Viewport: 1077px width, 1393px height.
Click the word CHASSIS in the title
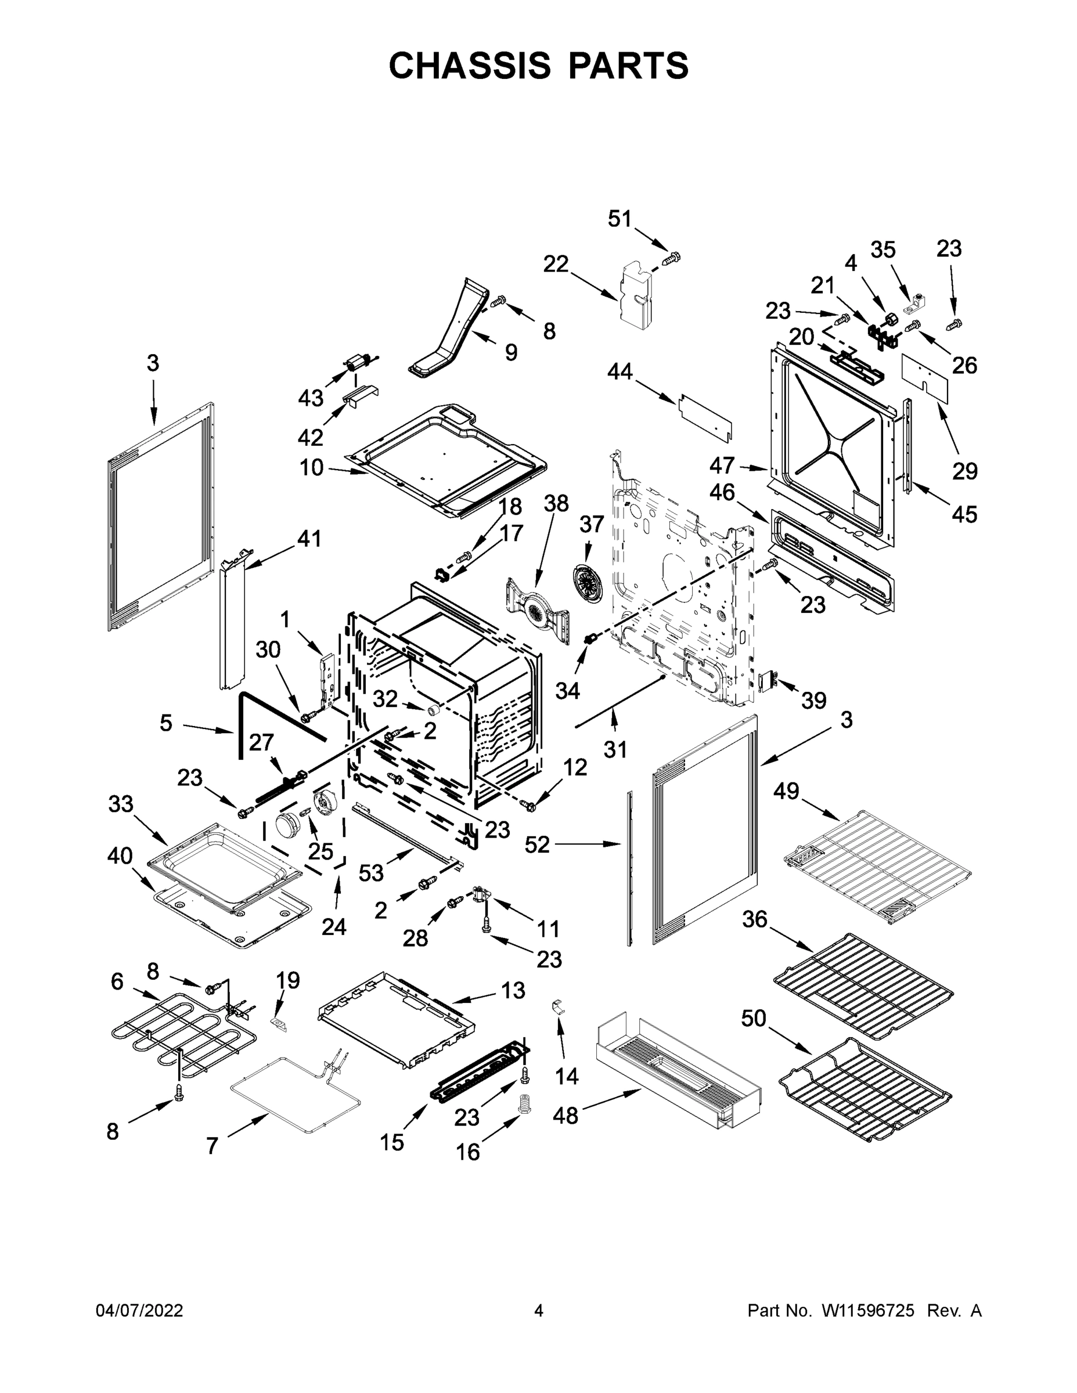click(470, 66)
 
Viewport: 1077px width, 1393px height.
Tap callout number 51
click(619, 219)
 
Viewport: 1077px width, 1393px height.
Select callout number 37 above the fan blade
click(591, 524)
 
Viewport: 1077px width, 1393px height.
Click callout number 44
click(619, 371)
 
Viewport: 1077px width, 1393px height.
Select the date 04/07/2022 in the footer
click(139, 1311)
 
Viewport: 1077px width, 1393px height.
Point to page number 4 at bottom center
click(539, 1311)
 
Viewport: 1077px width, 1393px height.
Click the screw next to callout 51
click(672, 258)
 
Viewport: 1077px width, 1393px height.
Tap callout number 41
click(309, 539)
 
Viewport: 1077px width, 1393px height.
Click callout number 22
click(556, 264)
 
